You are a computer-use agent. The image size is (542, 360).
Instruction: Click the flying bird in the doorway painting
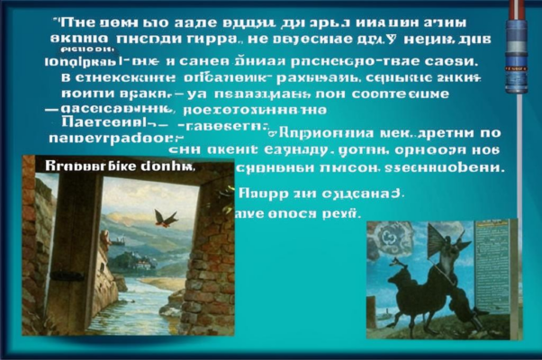[x=165, y=218]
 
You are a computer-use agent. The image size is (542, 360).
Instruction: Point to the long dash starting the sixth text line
[x=53, y=107]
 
